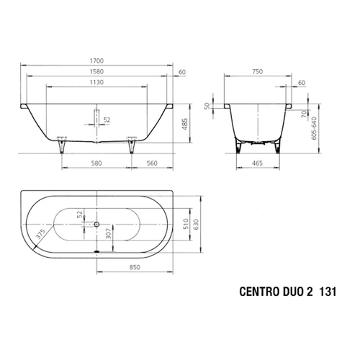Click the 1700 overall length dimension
(96, 60)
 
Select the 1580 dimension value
(96, 71)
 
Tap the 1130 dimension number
(96, 82)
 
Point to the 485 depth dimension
(184, 124)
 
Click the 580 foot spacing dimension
(96, 163)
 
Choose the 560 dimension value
(152, 163)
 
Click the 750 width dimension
(258, 71)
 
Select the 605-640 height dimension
(314, 128)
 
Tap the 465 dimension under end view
(257, 163)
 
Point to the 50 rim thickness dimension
(207, 106)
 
